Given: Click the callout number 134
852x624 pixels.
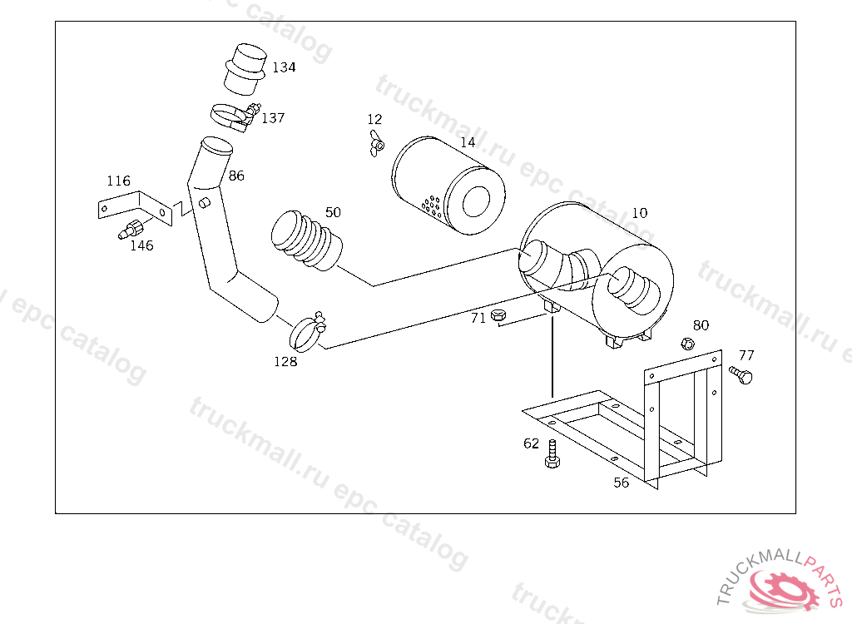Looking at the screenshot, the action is pos(284,67).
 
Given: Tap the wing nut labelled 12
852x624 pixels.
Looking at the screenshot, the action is pos(377,143).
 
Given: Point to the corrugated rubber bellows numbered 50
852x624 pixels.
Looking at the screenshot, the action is pos(306,240).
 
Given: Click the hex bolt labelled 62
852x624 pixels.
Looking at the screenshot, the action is pos(552,454).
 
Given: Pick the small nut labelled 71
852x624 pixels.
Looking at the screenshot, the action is pos(498,314).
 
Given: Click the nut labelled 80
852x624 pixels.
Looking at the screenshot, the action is pos(687,344).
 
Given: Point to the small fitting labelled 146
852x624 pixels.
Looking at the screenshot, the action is pos(131,228).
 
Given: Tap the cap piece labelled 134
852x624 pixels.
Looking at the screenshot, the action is pos(245,69).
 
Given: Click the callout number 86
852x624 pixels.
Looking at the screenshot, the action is pos(236,176).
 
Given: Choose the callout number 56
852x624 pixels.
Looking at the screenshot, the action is pos(621,483).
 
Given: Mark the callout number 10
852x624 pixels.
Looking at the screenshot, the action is pos(640,213).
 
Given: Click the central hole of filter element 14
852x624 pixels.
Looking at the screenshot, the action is pos(476,201).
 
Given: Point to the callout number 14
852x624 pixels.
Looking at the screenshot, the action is pos(468,142).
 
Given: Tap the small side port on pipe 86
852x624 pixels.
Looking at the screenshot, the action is pos(205,203).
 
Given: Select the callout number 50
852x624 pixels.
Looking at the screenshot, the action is pos(333,212).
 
